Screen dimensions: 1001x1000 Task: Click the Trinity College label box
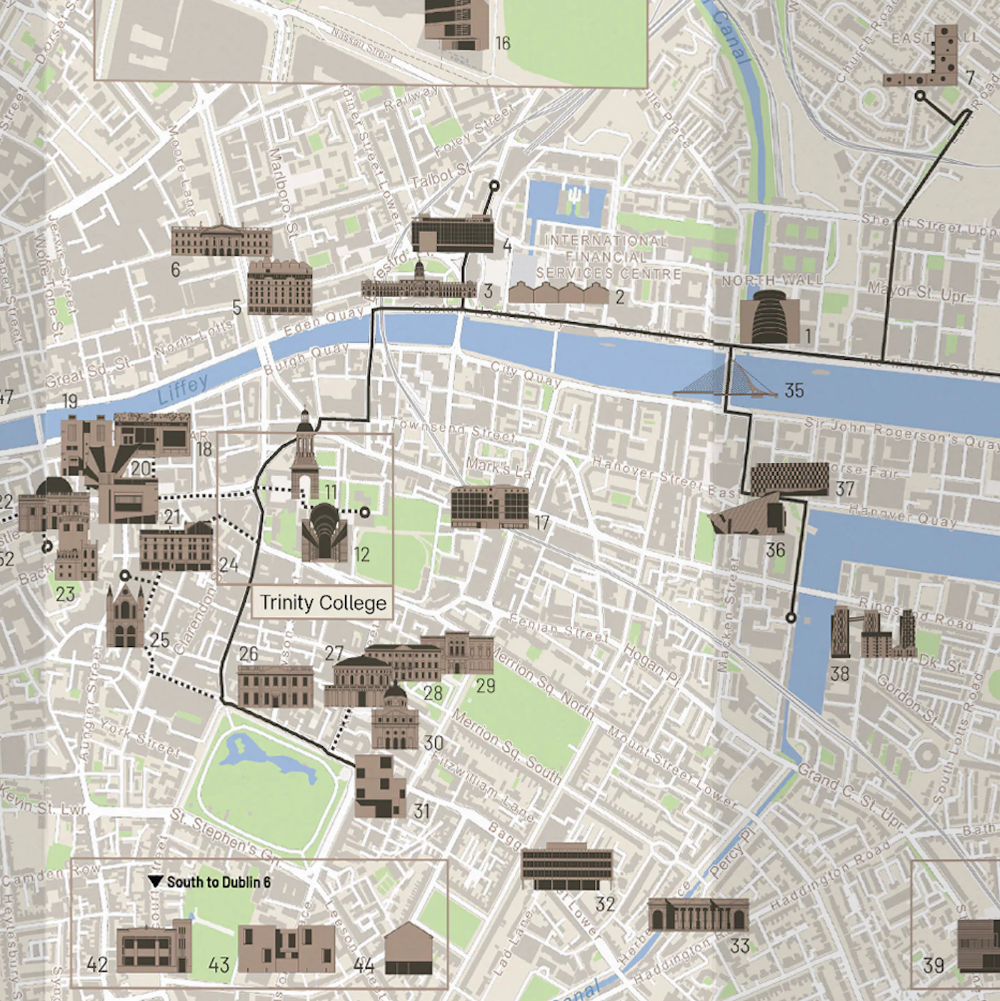pos(322,603)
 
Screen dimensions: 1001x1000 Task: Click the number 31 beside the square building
pos(421,811)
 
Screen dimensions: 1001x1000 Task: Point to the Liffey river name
pos(182,389)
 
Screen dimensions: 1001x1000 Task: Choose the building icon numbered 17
pos(489,506)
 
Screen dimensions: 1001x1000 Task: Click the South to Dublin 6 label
pos(211,882)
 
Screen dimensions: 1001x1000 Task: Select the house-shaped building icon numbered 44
pos(409,948)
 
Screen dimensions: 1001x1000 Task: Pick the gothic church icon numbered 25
pos(125,615)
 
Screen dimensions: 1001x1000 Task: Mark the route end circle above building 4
pos(494,186)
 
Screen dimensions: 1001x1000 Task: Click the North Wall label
pos(771,281)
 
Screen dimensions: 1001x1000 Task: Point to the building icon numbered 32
pos(567,867)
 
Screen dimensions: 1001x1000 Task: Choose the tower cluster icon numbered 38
pos(873,633)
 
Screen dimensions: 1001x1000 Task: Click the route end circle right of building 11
pos(365,512)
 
